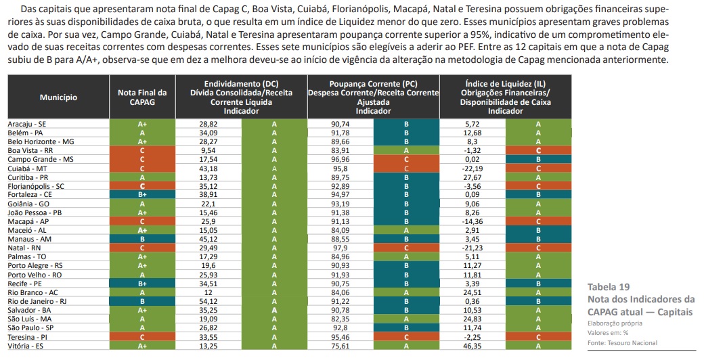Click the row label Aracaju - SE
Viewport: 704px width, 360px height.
pyautogui.click(x=27, y=125)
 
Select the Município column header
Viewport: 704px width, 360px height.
pyautogui.click(x=58, y=97)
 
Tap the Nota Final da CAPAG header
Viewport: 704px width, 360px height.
pyautogui.click(x=142, y=97)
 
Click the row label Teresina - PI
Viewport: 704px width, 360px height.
pyautogui.click(x=28, y=336)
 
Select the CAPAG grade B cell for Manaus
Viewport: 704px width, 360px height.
pyautogui.click(x=142, y=239)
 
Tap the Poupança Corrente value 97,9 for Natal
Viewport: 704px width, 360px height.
pyautogui.click(x=340, y=248)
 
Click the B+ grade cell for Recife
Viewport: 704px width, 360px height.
pyautogui.click(x=142, y=283)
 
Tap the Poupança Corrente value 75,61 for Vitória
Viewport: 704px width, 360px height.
pyautogui.click(x=340, y=345)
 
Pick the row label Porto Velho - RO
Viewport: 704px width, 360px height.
pyautogui.click(x=35, y=274)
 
